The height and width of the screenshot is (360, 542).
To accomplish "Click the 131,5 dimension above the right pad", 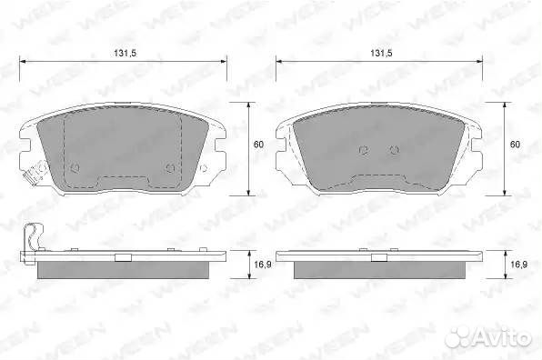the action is tap(381, 54).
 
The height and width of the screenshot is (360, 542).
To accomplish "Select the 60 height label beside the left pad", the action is tap(258, 145).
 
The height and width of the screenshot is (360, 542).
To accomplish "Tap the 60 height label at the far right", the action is tap(515, 145).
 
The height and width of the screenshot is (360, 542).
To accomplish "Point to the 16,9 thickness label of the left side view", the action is tap(263, 265).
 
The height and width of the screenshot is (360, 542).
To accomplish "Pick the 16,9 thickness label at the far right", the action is tap(519, 265).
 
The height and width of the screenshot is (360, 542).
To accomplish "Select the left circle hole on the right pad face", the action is tap(363, 150).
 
